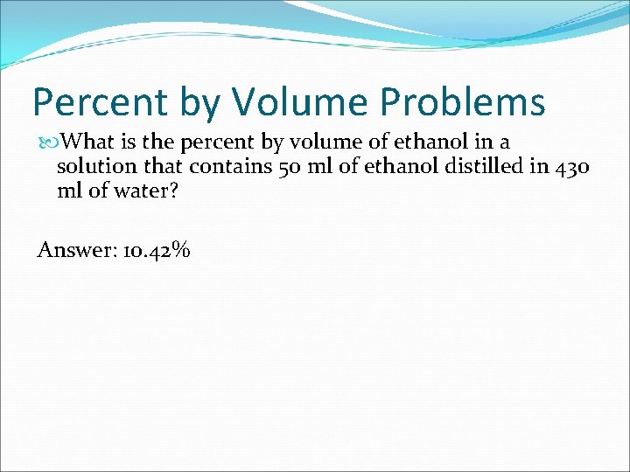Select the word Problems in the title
[463, 102]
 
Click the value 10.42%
[157, 250]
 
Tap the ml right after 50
[316, 166]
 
